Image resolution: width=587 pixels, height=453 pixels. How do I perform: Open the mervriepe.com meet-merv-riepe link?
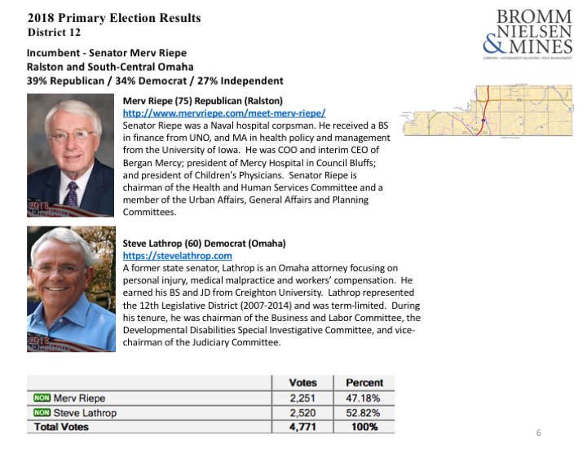[224, 113]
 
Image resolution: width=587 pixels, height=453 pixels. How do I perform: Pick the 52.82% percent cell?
[364, 412]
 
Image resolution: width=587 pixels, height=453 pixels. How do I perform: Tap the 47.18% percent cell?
[364, 398]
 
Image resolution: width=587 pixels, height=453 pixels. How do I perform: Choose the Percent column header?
[364, 383]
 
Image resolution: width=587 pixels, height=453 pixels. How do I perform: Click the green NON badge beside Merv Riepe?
[41, 398]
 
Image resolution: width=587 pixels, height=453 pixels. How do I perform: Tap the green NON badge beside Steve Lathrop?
[41, 413]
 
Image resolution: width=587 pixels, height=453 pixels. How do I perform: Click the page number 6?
[538, 432]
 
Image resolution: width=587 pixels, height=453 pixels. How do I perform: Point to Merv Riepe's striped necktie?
[73, 193]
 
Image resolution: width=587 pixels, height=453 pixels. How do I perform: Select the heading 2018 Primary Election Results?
[114, 18]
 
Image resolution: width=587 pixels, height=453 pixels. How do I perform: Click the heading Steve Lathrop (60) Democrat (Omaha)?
[204, 244]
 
